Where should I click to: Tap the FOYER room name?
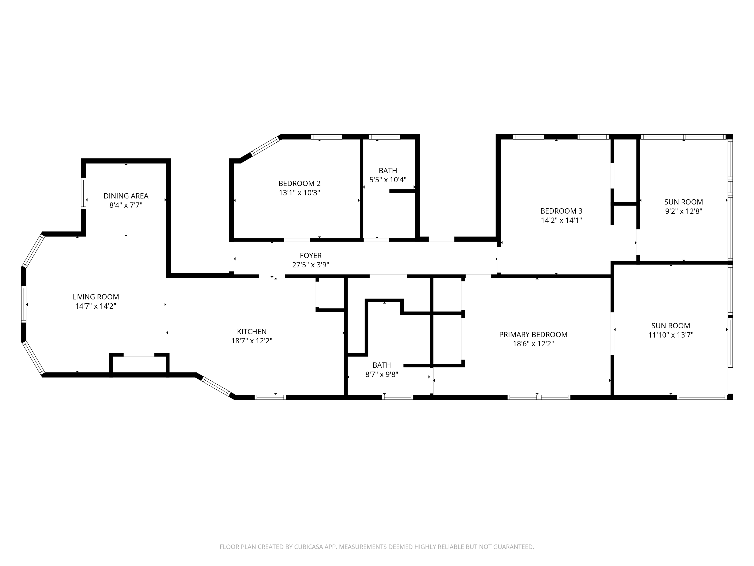[x=311, y=256]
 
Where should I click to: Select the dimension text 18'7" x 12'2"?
[x=252, y=341]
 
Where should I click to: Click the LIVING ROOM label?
[x=96, y=297]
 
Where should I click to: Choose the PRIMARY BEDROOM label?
[x=533, y=335]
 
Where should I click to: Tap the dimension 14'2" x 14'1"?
[x=561, y=220]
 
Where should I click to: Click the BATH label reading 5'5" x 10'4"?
[x=388, y=171]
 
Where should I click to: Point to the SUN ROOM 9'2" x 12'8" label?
[x=683, y=202]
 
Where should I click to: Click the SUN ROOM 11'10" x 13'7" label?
[x=671, y=326]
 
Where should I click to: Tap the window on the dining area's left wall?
[x=83, y=193]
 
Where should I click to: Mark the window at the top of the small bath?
[x=385, y=137]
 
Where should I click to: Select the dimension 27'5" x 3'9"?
[x=311, y=265]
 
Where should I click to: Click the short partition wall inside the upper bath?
[x=402, y=191]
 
